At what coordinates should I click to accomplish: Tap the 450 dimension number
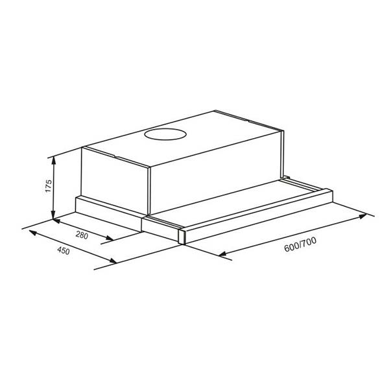pos(64,250)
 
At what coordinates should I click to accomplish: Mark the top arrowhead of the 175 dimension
pos(54,159)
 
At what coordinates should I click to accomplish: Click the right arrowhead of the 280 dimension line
pos(112,240)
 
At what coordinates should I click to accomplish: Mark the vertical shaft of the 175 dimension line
pos(54,188)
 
